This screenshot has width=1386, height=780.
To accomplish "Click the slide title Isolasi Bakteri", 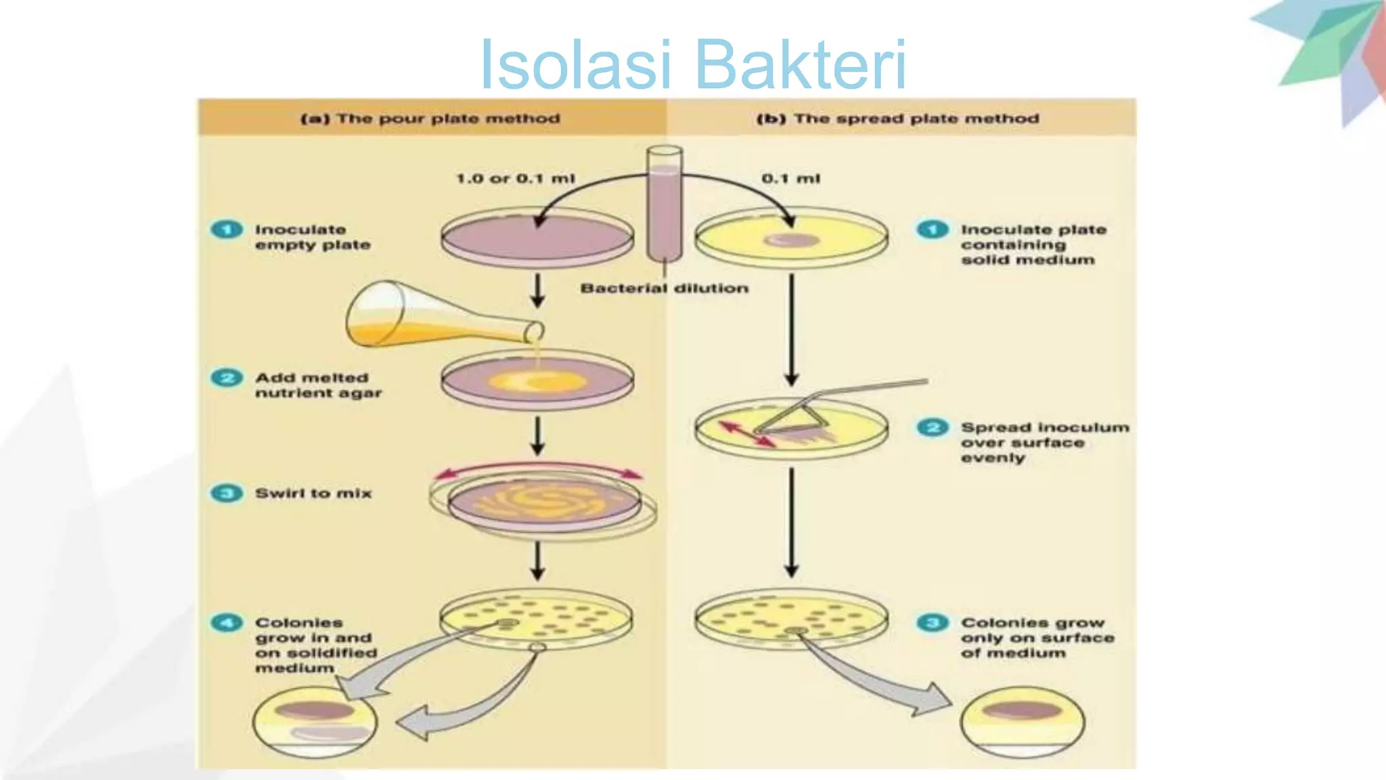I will tap(692, 64).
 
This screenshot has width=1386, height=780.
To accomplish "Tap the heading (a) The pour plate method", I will tap(430, 118).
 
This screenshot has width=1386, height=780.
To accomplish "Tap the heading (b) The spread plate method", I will tap(897, 118).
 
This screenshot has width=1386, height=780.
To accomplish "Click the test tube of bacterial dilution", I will tap(664, 203).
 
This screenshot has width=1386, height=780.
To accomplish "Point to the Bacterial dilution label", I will tap(664, 288).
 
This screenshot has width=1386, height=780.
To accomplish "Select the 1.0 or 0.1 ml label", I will tap(515, 179).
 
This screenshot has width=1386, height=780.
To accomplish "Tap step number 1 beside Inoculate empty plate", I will tap(227, 230).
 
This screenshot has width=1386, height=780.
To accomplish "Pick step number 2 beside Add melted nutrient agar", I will tap(227, 378).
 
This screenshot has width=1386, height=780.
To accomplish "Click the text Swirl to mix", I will tap(313, 494).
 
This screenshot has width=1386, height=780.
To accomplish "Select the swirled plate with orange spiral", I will tap(543, 503).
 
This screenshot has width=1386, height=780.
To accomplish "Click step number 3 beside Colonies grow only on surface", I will tap(933, 623).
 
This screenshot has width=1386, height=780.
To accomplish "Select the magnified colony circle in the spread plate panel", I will tap(1022, 722).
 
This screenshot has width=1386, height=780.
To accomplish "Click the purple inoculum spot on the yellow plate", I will tap(791, 240).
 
